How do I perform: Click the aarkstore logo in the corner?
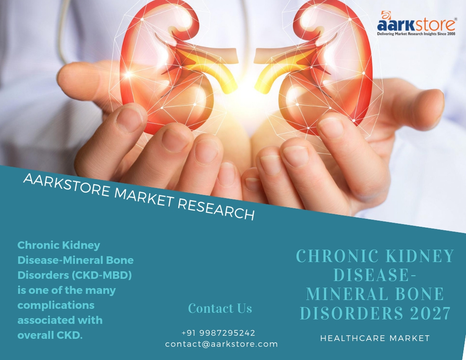(x=417, y=23)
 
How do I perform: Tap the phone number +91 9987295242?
(x=218, y=333)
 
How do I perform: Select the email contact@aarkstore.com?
(x=222, y=344)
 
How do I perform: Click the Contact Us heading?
(x=220, y=308)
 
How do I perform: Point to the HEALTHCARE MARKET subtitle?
(x=375, y=338)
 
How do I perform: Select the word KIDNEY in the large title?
(x=420, y=256)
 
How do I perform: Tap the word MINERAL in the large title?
(x=346, y=294)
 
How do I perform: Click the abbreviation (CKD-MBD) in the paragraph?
(x=102, y=275)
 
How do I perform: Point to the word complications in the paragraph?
(x=56, y=305)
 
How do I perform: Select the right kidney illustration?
(x=314, y=65)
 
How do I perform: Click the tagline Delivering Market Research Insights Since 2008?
(x=417, y=34)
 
